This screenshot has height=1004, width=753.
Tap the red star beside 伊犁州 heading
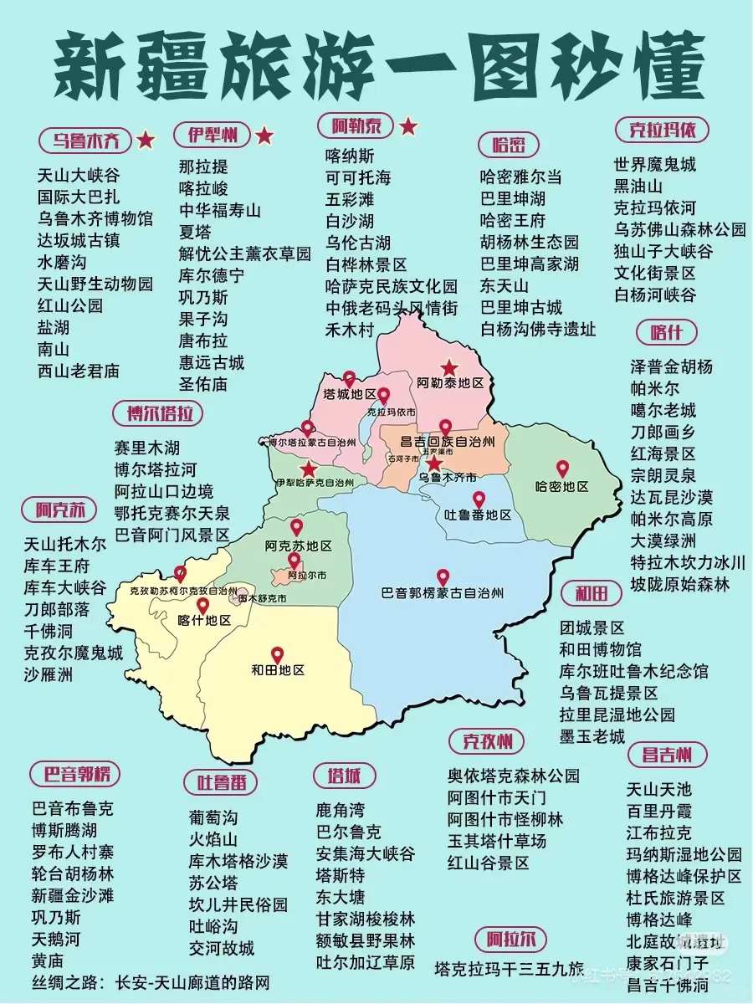[x=264, y=135]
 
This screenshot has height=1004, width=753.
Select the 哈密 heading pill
[x=509, y=145]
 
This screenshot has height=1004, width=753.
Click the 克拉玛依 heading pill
[x=663, y=130]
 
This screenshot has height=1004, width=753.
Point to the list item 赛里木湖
[x=147, y=448]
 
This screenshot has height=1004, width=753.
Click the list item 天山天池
[x=659, y=788]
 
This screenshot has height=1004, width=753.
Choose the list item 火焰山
[x=213, y=838]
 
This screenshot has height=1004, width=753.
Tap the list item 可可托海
[x=358, y=177]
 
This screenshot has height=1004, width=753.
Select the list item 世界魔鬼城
[x=654, y=164]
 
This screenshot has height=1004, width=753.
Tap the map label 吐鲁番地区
[x=477, y=515]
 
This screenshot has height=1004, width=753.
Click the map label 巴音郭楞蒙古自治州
[x=443, y=593]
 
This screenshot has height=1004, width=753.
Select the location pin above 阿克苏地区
[x=296, y=528]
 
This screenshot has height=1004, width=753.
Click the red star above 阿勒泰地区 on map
[x=450, y=367]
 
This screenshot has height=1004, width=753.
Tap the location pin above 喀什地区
[x=202, y=606]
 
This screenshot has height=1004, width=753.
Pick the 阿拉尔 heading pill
[x=510, y=938]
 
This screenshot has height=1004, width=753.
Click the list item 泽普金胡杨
[x=671, y=366]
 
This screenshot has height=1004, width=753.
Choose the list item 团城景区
[x=592, y=627]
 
